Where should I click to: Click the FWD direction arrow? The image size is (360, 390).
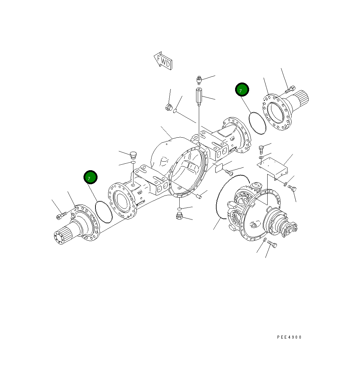163,61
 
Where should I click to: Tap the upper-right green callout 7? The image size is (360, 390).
242,90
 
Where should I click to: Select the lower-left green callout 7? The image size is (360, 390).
91,177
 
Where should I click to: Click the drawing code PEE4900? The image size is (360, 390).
289,337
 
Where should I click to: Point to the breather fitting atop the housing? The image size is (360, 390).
199,80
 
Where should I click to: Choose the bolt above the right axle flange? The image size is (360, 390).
289,89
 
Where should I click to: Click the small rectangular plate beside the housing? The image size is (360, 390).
219,168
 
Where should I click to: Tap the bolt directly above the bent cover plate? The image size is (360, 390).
261,148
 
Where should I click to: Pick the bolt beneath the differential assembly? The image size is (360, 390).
272,244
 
